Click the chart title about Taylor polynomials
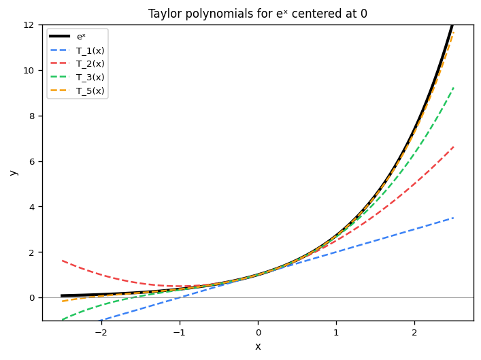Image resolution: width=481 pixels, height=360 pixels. (258, 14)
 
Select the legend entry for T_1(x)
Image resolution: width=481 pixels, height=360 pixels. (90, 50)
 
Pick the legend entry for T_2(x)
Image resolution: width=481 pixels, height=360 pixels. (90, 64)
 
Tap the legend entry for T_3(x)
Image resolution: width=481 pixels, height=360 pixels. (90, 77)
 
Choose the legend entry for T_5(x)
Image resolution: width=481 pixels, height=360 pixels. (90, 91)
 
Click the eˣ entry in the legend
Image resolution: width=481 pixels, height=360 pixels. (81, 37)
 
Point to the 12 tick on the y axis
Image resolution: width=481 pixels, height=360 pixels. (30, 24)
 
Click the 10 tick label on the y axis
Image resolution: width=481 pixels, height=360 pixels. (30, 70)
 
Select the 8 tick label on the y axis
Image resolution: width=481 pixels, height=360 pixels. (32, 116)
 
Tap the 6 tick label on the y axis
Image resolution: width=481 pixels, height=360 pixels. (32, 161)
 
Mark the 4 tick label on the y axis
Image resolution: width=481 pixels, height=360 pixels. (32, 207)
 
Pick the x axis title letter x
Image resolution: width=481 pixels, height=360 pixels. (258, 346)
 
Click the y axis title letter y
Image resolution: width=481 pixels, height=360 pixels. (14, 172)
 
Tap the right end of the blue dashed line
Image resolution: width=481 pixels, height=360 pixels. (454, 217)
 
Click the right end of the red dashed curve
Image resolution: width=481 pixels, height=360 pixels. (454, 146)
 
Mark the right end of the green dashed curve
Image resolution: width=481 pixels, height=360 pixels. (454, 87)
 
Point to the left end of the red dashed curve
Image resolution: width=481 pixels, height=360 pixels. (62, 260)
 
